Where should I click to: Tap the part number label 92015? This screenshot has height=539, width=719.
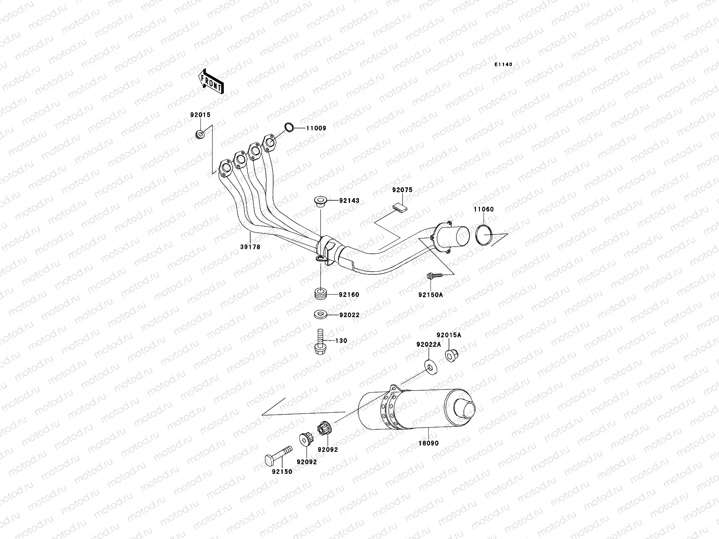tap(200, 115)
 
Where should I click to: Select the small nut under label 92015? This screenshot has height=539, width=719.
tap(200, 134)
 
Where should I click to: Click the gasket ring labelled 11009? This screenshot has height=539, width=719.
tap(289, 127)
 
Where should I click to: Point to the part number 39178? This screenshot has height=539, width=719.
tap(250, 247)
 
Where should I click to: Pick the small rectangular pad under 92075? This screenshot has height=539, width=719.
tap(400, 207)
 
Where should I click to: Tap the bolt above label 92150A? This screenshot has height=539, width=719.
tap(435, 276)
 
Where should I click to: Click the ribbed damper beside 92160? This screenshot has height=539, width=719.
tap(321, 293)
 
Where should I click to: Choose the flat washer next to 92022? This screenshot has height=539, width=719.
tap(320, 315)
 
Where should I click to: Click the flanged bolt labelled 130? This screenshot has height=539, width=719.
tap(320, 341)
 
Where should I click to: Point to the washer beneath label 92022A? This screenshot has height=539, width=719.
tap(431, 367)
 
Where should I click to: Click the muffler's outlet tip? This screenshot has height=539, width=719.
tap(465, 409)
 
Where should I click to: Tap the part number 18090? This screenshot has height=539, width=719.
tap(428, 443)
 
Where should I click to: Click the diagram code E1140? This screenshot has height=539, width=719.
tap(503, 65)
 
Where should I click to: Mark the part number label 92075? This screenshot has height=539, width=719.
tap(403, 190)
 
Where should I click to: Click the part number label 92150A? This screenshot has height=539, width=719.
tap(431, 295)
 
